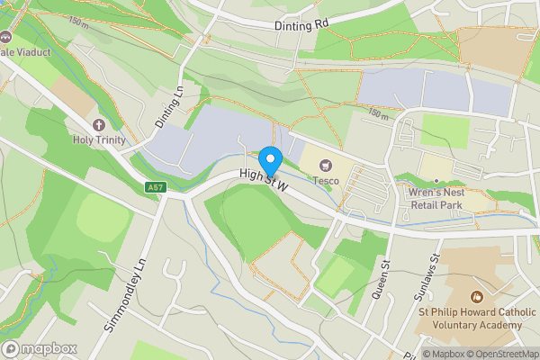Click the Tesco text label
click(325, 180)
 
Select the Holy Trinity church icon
click(99, 125)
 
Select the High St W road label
click(263, 180)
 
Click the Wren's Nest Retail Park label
click(435, 197)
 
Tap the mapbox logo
click(39, 349)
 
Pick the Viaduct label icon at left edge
click(5, 39)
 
